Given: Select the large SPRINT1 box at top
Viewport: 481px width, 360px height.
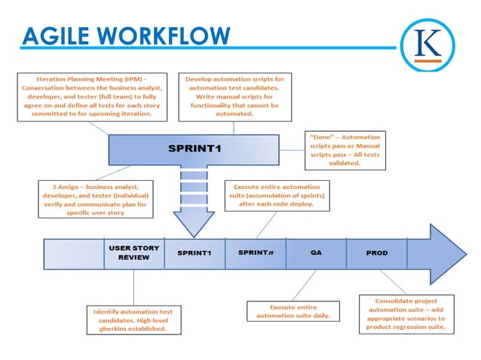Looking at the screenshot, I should point(195,148).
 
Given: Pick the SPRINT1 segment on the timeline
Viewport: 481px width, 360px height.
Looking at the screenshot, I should point(195,253).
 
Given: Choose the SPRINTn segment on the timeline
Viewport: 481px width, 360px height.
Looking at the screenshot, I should point(256,253).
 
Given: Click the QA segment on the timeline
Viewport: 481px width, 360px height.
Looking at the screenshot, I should point(315,253).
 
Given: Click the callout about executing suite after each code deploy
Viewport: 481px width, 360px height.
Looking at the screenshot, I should point(273,195).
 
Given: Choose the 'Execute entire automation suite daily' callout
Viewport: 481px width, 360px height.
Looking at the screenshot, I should point(293,311).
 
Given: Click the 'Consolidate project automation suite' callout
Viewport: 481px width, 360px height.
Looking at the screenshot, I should point(405,315).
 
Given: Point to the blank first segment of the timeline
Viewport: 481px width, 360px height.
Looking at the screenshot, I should point(73,253).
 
